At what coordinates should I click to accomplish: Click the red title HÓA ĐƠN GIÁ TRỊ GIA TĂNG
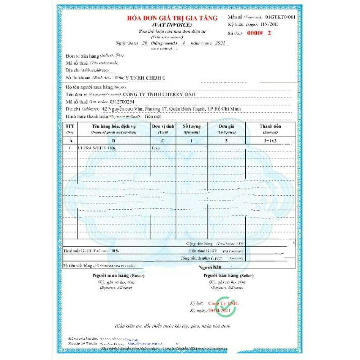172,18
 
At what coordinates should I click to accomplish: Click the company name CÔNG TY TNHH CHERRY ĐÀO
157,94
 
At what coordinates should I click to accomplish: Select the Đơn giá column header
226,127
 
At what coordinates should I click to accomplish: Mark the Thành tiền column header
270,127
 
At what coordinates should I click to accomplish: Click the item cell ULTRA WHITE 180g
97,148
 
